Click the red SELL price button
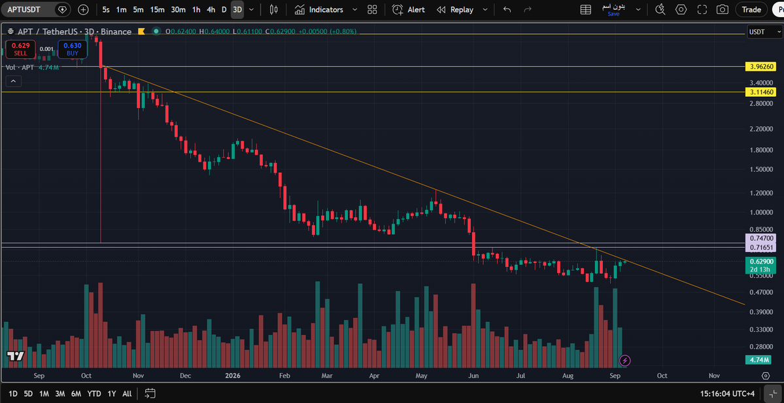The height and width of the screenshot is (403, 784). pyautogui.click(x=20, y=48)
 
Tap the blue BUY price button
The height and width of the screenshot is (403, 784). pyautogui.click(x=73, y=48)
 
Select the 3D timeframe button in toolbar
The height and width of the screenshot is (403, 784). pyautogui.click(x=237, y=10)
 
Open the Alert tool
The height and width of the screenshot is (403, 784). pyautogui.click(x=409, y=10)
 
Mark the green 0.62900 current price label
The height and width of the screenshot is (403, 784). pyautogui.click(x=762, y=262)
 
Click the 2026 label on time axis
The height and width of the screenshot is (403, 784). pyautogui.click(x=233, y=375)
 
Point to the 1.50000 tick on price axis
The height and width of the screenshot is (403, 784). pyautogui.click(x=761, y=169)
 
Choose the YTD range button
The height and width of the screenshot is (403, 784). pyautogui.click(x=94, y=393)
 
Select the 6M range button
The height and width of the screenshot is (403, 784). pyautogui.click(x=76, y=393)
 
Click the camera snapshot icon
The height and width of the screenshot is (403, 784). pyautogui.click(x=722, y=10)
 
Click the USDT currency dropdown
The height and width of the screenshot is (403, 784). pyautogui.click(x=764, y=31)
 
